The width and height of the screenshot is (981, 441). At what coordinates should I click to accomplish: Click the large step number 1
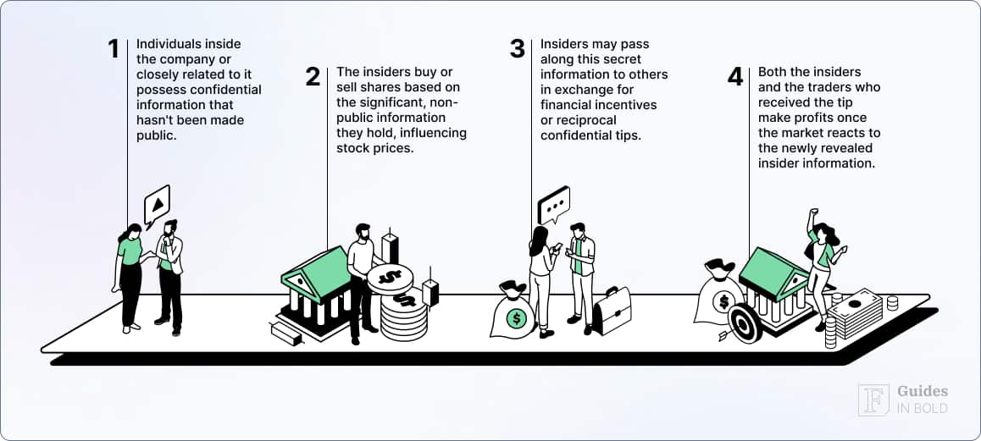click(114, 49)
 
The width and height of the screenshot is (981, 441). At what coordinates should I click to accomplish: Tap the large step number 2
click(313, 77)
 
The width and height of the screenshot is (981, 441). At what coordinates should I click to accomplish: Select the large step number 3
click(518, 49)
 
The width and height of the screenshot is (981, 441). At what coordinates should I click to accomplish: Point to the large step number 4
click(734, 77)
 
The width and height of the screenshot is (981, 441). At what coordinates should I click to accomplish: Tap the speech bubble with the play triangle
click(157, 204)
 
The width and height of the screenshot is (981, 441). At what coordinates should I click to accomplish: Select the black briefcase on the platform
click(611, 311)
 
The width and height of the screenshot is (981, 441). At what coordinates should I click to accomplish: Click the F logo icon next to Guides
click(873, 400)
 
